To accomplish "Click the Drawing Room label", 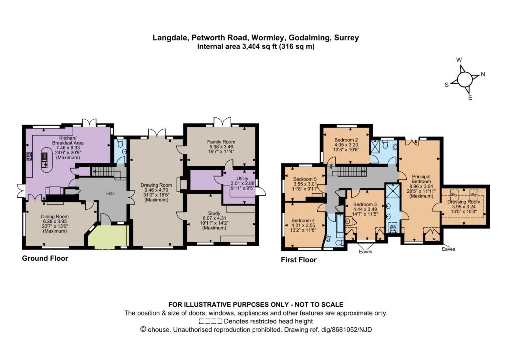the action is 156,185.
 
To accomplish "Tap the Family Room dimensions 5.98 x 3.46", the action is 221,147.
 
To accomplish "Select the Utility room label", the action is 242,179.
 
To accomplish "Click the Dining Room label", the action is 55,216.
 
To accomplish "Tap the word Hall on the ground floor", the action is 110,194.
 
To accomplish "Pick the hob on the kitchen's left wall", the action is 29,156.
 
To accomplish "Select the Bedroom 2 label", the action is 346,140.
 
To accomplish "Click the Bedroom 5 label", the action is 305,179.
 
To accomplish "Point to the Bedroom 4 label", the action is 303,220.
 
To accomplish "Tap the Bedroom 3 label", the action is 365,205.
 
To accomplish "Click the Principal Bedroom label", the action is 421,179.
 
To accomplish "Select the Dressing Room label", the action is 464,202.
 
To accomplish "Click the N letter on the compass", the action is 483,74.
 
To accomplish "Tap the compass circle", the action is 465,79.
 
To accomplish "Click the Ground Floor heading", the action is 45,258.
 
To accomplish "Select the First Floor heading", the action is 299,260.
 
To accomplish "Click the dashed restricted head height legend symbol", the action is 211,321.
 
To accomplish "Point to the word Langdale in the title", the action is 170,38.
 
